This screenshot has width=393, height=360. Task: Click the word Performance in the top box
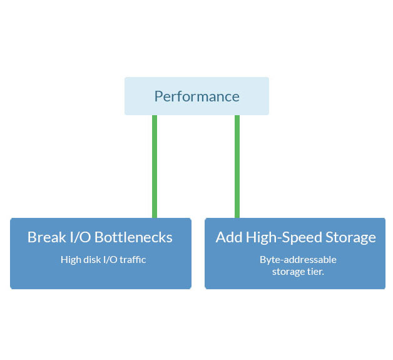196,96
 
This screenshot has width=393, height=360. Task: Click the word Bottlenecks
135,237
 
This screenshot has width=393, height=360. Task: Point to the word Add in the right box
229,237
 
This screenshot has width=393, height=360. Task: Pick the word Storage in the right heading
351,237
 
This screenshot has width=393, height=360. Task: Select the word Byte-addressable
298,259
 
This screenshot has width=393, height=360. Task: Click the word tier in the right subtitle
315,271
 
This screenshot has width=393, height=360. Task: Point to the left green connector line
155,166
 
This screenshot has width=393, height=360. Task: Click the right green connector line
237,166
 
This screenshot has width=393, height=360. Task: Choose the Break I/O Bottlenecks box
100,275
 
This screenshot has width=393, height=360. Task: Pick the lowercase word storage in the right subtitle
288,271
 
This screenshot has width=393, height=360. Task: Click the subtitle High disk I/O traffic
103,259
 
